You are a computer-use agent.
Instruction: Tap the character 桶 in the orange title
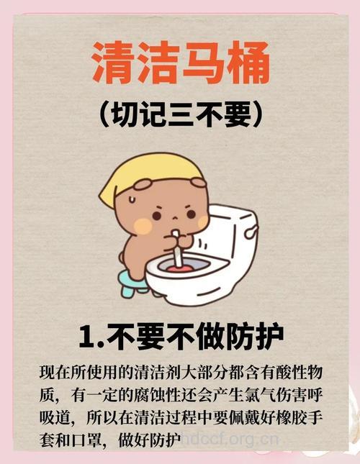(x=247, y=64)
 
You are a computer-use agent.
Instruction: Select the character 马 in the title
(x=203, y=64)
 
